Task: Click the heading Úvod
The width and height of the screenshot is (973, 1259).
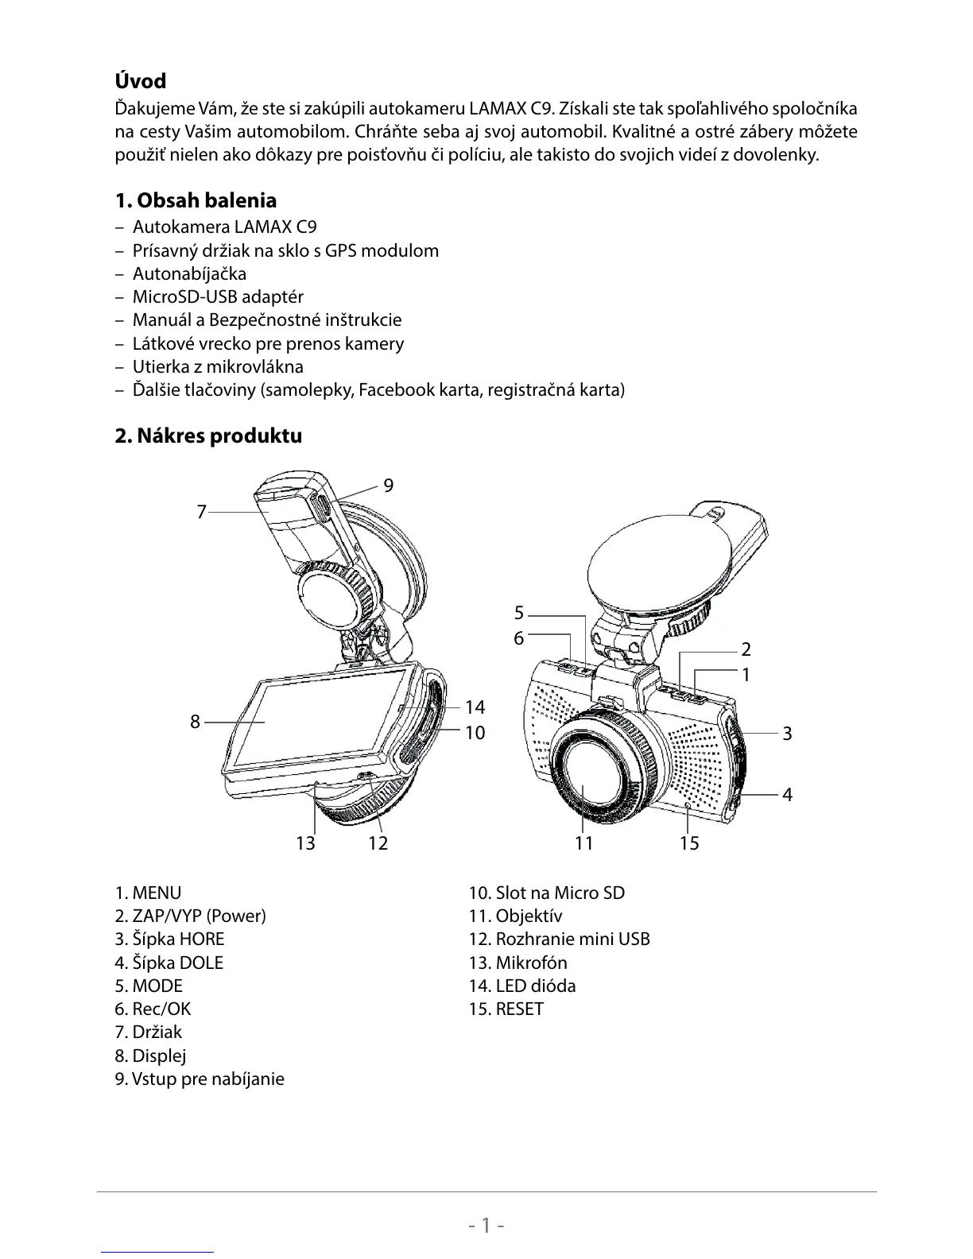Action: (141, 81)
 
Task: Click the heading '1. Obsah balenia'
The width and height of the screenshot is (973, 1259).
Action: (196, 200)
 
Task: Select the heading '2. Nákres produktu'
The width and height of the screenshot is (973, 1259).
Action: (208, 436)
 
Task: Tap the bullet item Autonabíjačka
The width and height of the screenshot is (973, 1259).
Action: (189, 273)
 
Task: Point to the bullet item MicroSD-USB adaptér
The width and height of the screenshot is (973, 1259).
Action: (218, 296)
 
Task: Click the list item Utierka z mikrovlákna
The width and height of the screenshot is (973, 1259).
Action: (218, 366)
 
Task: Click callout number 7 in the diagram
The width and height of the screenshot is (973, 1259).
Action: (202, 512)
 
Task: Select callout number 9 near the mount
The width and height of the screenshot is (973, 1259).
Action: (388, 485)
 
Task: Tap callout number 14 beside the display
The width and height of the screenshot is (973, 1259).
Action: (475, 707)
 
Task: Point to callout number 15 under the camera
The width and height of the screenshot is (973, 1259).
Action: (689, 843)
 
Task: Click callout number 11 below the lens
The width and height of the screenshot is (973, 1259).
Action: (584, 843)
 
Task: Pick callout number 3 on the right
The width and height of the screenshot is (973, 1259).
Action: (787, 733)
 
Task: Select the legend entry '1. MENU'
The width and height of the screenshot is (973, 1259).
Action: (148, 893)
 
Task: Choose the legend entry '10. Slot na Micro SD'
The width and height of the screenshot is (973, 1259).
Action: (546, 893)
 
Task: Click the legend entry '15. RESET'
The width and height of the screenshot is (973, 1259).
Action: (506, 1009)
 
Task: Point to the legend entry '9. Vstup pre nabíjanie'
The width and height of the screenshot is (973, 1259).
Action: (199, 1079)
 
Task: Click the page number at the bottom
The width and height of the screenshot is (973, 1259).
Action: (486, 1225)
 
